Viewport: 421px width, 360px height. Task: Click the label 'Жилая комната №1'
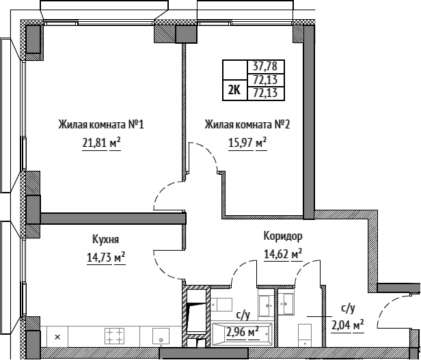click(x=101, y=124)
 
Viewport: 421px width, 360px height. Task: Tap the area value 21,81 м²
click(x=101, y=143)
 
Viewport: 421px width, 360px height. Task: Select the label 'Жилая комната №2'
click(x=247, y=124)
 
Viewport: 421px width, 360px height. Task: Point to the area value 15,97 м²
click(x=247, y=143)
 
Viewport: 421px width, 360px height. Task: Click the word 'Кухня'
click(x=105, y=239)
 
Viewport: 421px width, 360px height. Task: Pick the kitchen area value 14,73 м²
click(x=106, y=257)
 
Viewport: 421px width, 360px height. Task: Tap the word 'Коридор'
click(x=283, y=236)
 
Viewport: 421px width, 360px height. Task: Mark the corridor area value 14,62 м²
click(x=283, y=253)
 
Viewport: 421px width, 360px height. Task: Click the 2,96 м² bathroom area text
click(x=243, y=333)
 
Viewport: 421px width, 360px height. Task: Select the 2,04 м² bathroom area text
click(x=348, y=326)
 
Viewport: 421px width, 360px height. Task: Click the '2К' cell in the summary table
click(x=234, y=90)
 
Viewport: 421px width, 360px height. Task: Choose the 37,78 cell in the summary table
click(x=265, y=66)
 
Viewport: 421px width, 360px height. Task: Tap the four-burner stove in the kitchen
click(x=115, y=336)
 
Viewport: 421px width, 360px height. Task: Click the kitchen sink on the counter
click(x=161, y=336)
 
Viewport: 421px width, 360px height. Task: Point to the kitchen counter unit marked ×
click(x=57, y=337)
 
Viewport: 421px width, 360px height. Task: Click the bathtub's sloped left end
click(x=216, y=334)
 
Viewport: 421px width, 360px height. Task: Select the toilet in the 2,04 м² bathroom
click(x=305, y=335)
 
